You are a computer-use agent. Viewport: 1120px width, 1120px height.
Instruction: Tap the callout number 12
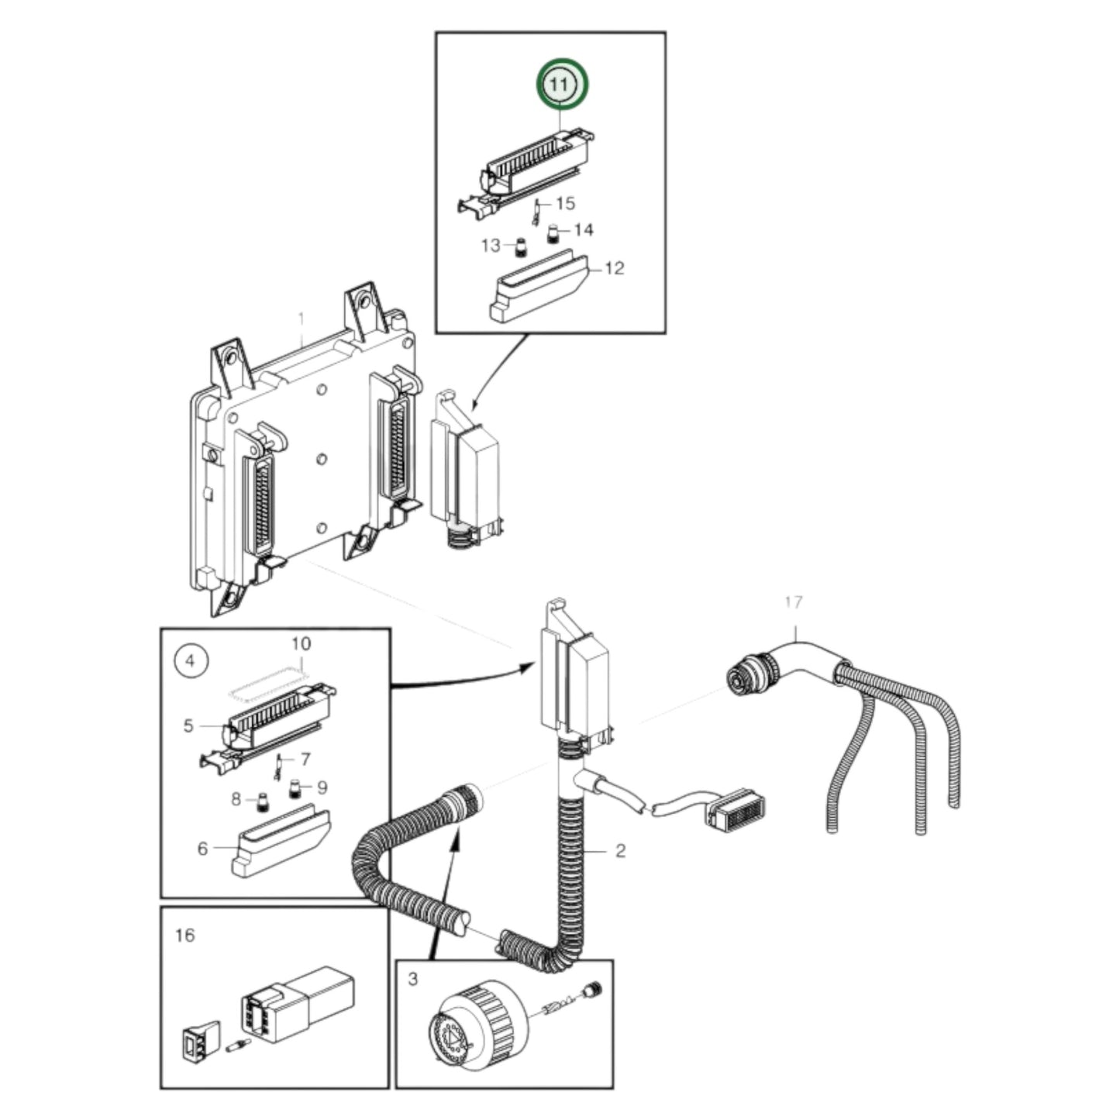pos(613,268)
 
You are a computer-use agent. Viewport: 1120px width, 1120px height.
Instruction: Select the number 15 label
pos(565,203)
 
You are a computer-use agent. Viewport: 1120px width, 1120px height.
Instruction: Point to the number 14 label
pos(584,229)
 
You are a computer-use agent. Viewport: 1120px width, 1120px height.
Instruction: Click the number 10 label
pos(300,643)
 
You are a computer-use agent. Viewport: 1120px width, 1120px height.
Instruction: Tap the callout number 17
pos(793,601)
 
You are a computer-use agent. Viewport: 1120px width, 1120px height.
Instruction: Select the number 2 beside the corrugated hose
pos(620,850)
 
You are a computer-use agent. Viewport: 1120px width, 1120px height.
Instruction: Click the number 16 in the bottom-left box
pos(184,935)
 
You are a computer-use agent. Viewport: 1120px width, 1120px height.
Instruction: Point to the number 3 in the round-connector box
pos(412,979)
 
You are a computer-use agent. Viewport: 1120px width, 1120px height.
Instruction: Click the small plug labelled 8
pos(262,801)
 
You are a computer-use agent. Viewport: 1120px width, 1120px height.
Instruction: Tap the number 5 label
pos(188,725)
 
